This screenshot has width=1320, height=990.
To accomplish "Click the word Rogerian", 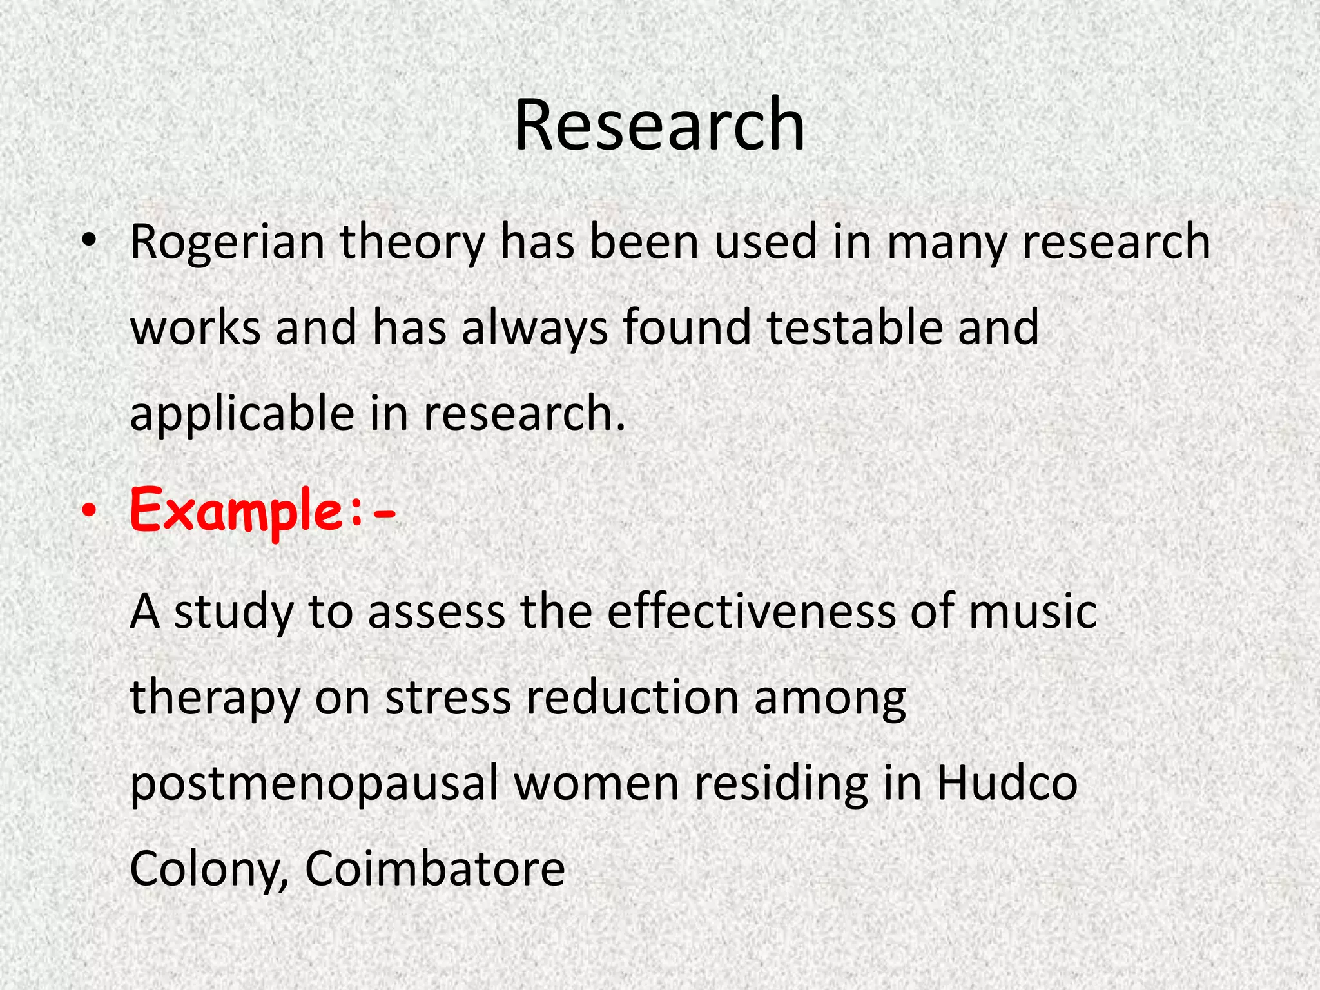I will (x=227, y=242).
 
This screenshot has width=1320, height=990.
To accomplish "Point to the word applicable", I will (x=242, y=414).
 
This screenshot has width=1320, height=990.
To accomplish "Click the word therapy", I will (x=215, y=699).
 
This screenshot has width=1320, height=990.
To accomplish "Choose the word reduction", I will (x=632, y=697).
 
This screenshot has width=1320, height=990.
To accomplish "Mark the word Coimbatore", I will (x=435, y=869).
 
